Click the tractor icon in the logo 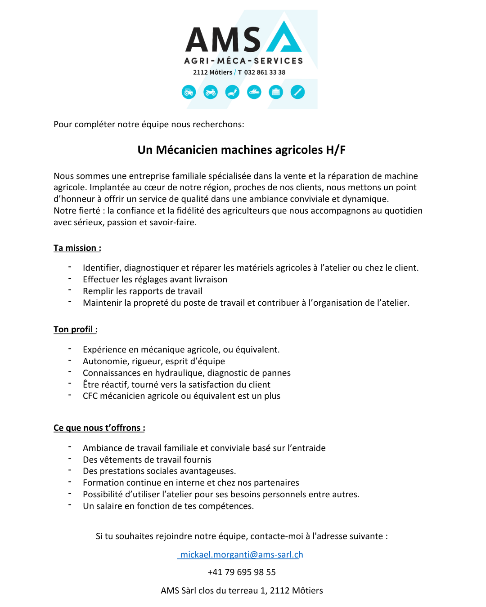pos(189,92)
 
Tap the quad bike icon pos(211,92)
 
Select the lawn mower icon pos(232,92)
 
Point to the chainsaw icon pos(254,92)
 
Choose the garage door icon pos(276,92)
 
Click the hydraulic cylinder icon pos(297,92)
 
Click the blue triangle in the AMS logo pos(284,38)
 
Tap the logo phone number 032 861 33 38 pos(265,72)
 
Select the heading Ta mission pos(77,248)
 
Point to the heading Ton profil pos(75,330)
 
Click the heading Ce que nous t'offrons pos(99,428)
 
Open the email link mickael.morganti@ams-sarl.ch pos(241,555)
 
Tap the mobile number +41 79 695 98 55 pos(242,572)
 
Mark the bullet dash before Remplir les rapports pos(70,290)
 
